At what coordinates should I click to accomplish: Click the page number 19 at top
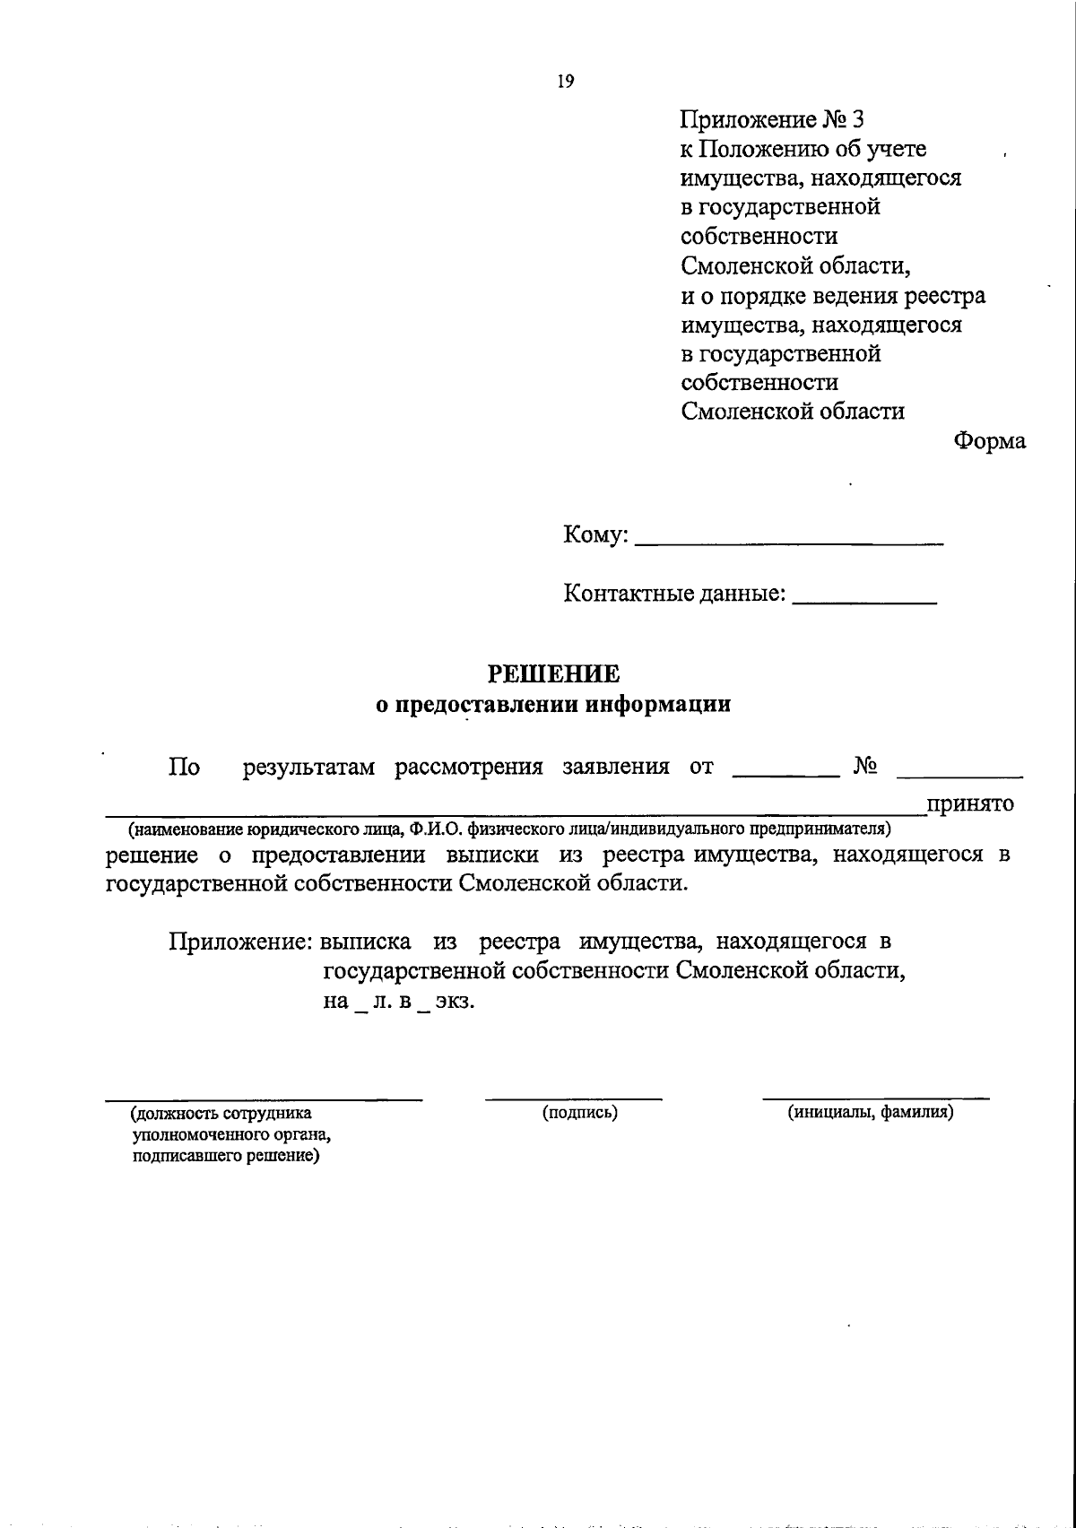[x=565, y=82]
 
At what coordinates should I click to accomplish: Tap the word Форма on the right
[x=990, y=441]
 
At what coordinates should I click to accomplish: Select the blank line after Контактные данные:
[x=865, y=602]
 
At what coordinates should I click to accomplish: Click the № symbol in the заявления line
[x=865, y=767]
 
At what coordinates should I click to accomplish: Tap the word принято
[x=971, y=803]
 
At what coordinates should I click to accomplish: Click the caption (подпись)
[x=580, y=1113]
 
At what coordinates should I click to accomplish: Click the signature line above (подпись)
[x=574, y=1098]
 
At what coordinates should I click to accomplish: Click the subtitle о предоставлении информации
[x=552, y=705]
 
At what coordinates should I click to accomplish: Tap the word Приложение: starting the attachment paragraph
[x=240, y=942]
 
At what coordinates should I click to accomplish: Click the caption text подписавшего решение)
[x=226, y=1157]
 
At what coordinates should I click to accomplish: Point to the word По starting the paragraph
[x=184, y=768]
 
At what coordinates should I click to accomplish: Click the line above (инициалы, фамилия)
[x=876, y=1098]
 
